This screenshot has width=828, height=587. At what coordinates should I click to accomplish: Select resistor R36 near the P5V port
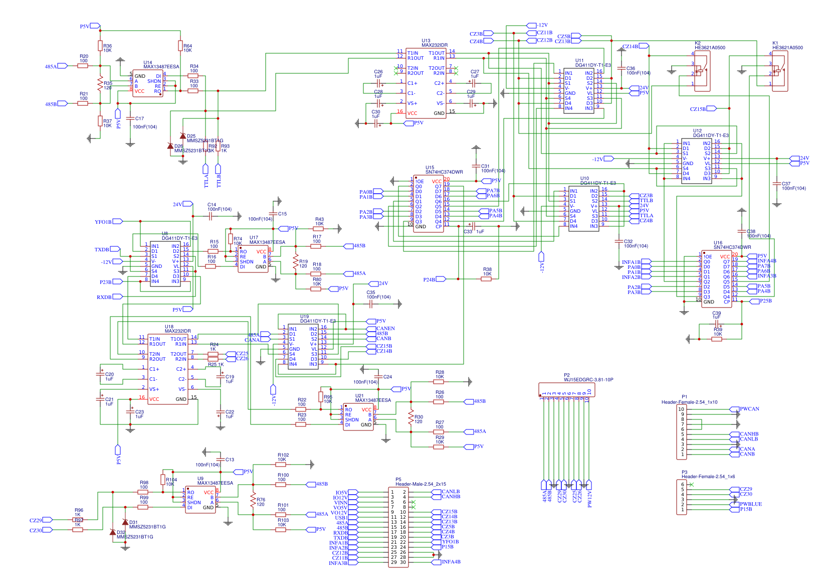point(100,46)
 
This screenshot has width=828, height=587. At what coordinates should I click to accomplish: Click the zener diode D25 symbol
point(182,136)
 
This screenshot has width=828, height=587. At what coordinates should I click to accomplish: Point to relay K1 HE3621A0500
point(779,71)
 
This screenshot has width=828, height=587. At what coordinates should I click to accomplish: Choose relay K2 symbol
point(702,71)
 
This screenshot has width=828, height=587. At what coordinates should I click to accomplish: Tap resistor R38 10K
point(486,279)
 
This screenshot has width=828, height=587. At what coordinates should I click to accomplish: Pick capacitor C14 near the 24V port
point(211,216)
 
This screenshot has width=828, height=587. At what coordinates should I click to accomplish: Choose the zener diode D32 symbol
point(113,532)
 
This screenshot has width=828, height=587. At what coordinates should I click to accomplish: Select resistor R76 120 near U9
point(253,500)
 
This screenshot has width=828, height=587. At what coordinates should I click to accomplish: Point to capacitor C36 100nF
point(621,69)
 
